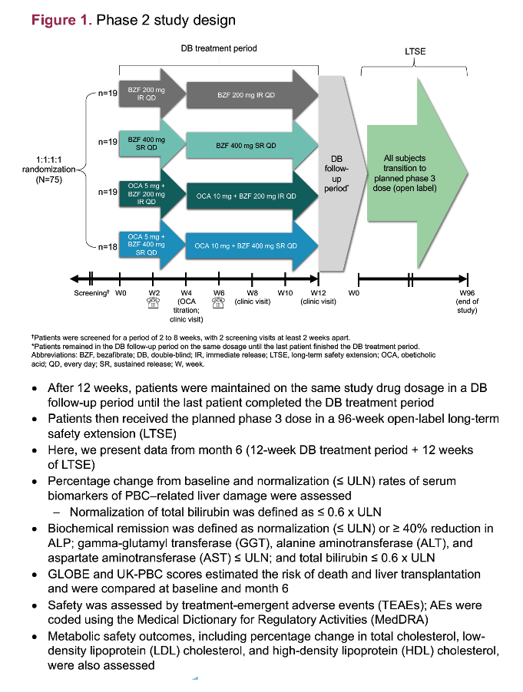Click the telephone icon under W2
pos(153,303)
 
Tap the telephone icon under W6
pos(219,303)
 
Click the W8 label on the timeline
pos(252,293)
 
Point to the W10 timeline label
pos(285,293)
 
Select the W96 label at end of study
pos(467,293)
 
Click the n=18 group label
pos(108,247)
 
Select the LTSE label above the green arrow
pos(415,51)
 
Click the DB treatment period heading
pos(219,48)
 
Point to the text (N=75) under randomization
pos(48,180)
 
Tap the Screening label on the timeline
pos(91,293)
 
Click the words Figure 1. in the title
pos(61,20)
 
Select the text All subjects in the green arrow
pos(405,158)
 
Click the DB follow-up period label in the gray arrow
pos(336,173)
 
